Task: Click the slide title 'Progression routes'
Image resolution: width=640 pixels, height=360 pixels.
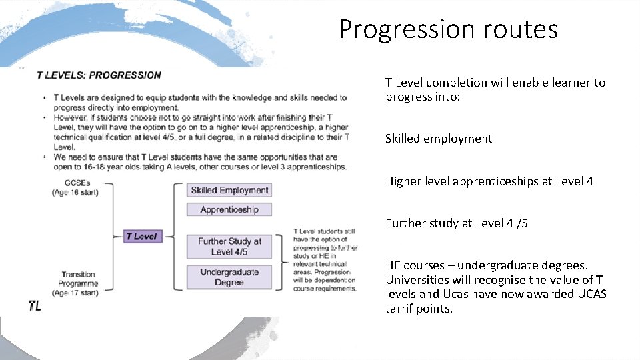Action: (x=448, y=29)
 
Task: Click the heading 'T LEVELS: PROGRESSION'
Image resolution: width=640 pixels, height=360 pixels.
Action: (x=99, y=75)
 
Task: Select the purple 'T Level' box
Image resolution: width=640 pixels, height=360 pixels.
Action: (x=143, y=236)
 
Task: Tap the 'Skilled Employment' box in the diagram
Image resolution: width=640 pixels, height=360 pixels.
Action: (x=229, y=190)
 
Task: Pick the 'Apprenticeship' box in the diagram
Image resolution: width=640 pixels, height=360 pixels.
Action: (x=229, y=209)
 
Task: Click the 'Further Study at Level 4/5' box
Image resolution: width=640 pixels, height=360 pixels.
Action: (x=229, y=246)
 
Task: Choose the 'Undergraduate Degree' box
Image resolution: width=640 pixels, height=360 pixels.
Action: (x=229, y=277)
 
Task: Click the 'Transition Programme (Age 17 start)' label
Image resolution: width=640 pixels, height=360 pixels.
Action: (x=78, y=283)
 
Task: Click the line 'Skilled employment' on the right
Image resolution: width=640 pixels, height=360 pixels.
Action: (x=438, y=139)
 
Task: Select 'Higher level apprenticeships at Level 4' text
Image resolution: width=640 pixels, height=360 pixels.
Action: (x=489, y=181)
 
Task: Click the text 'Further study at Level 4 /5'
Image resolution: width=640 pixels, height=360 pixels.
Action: (x=456, y=223)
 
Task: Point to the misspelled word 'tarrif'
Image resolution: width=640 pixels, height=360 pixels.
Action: (x=399, y=309)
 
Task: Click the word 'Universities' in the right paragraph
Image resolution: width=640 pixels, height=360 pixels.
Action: (x=417, y=279)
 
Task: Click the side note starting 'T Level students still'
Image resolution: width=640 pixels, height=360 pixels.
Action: (x=325, y=260)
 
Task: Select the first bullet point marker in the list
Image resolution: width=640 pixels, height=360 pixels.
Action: (x=45, y=98)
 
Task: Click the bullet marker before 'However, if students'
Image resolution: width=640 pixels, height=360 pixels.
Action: (x=45, y=118)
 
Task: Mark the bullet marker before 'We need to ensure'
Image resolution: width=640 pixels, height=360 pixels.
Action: (x=45, y=157)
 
